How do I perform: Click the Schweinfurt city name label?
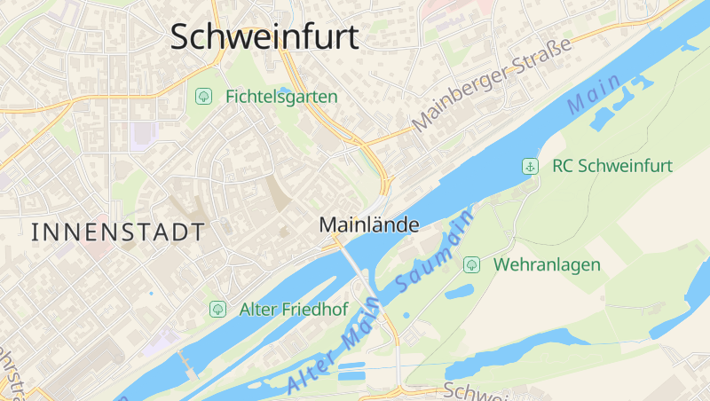pyautogui.click(x=264, y=37)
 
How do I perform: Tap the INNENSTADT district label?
pyautogui.click(x=118, y=232)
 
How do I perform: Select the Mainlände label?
pyautogui.click(x=368, y=225)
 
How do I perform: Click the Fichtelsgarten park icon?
pyautogui.click(x=203, y=95)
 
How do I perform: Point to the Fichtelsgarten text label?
pyautogui.click(x=281, y=96)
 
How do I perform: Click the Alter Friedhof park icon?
pyautogui.click(x=217, y=309)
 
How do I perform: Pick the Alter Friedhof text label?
pyautogui.click(x=294, y=310)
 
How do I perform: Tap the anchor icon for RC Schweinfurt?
pyautogui.click(x=530, y=166)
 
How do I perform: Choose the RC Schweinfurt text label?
pyautogui.click(x=612, y=166)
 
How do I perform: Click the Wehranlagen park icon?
pyautogui.click(x=472, y=264)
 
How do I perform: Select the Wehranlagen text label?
pyautogui.click(x=547, y=264)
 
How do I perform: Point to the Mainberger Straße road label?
pyautogui.click(x=492, y=91)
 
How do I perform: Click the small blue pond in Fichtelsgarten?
pyautogui.click(x=282, y=90)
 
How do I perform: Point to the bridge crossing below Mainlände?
pyautogui.click(x=352, y=263)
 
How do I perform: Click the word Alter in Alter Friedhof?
pyautogui.click(x=260, y=310)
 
